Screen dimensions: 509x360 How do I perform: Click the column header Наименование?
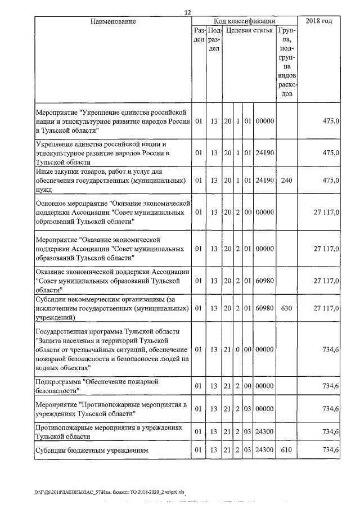click(x=113, y=21)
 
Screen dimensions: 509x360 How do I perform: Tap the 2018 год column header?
click(x=318, y=21)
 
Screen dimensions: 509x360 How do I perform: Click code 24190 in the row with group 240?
click(x=264, y=181)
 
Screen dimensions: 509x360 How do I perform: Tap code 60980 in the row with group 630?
click(x=264, y=309)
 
